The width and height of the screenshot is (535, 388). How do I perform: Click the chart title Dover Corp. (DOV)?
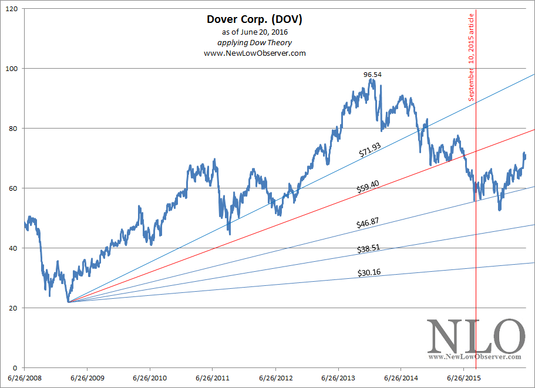(x=255, y=19)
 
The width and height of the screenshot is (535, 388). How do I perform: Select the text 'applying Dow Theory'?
(x=255, y=42)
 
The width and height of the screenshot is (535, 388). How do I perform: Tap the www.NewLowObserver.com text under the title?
(x=255, y=53)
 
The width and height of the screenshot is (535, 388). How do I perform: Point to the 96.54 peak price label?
(x=372, y=75)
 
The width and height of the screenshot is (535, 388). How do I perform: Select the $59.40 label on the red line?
(x=367, y=188)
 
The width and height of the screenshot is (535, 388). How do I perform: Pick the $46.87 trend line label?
(x=368, y=223)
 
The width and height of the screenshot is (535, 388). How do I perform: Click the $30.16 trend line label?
(x=368, y=272)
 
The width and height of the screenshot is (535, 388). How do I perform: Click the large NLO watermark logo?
(x=476, y=338)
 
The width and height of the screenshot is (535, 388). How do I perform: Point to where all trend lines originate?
(x=68, y=302)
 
